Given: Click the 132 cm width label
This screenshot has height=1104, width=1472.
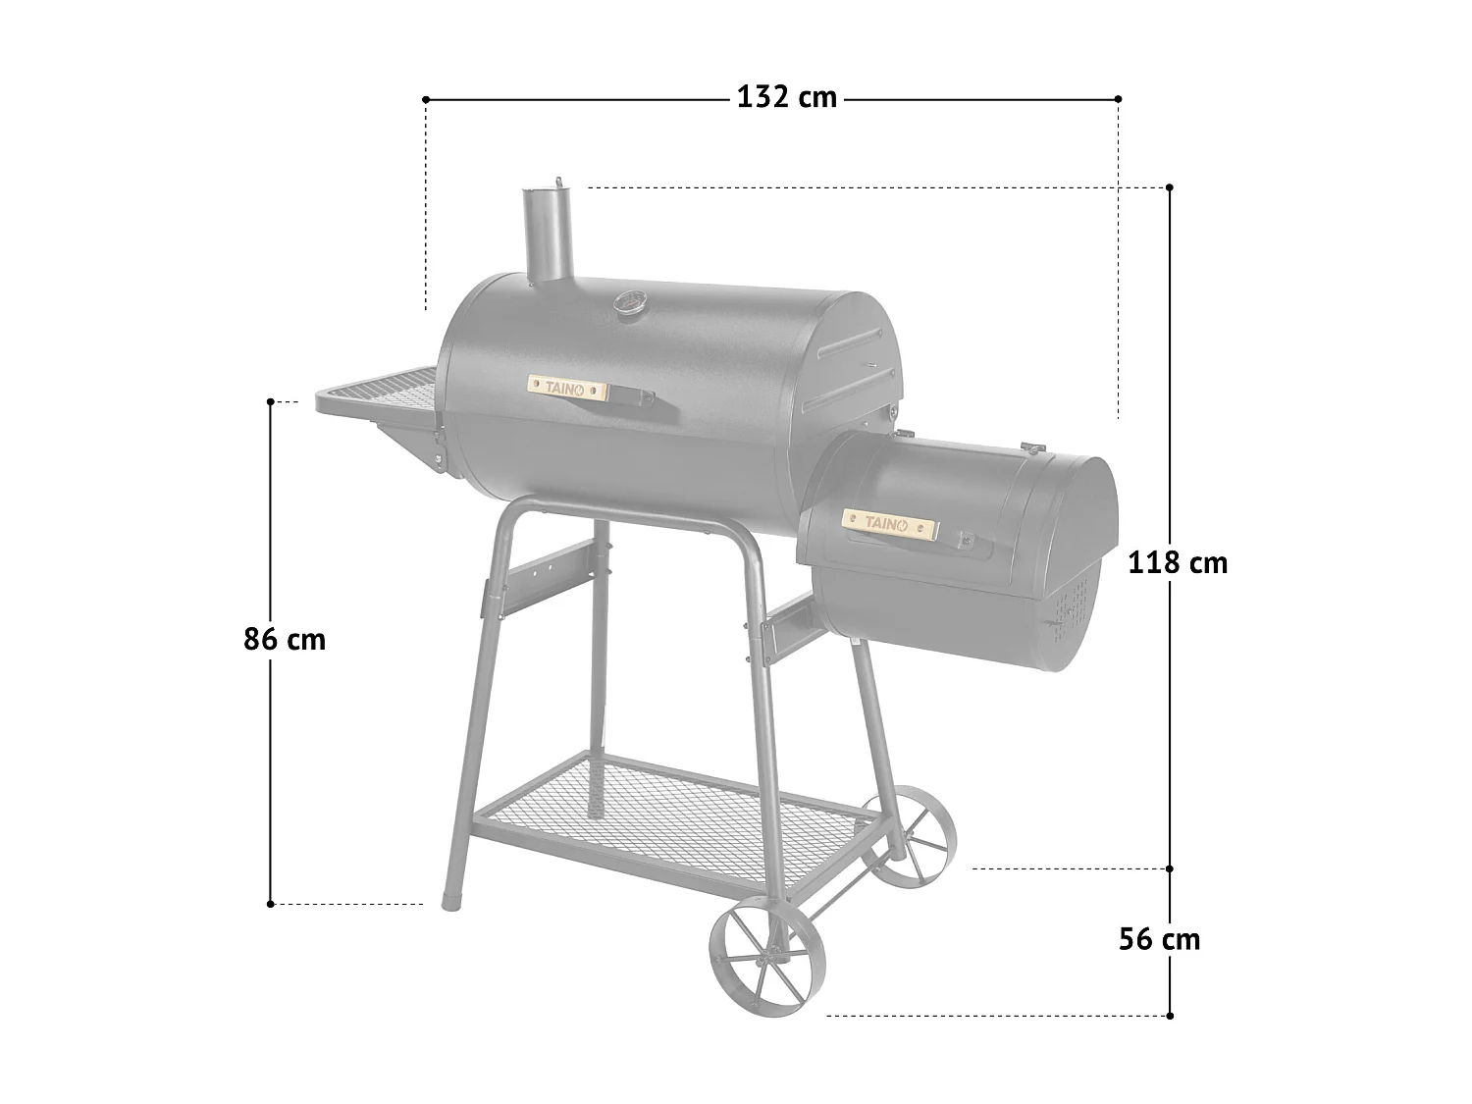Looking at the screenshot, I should point(787,98).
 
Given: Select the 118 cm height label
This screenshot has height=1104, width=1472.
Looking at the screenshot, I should point(1178,563).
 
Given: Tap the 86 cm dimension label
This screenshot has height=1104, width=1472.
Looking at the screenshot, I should point(285,640).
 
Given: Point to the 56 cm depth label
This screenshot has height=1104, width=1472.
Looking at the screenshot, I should point(1159,939).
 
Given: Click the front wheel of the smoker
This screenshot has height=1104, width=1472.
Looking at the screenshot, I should point(767,948).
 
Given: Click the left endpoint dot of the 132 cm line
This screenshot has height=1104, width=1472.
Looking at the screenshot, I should point(426,99).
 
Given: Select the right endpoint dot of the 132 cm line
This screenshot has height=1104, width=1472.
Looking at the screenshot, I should point(1119,99).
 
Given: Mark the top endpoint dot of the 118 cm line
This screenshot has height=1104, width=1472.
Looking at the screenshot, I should point(1170,186).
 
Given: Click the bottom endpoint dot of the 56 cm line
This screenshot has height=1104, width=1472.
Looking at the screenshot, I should point(1170,1015).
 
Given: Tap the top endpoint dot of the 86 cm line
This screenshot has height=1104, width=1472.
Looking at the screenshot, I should point(270,401).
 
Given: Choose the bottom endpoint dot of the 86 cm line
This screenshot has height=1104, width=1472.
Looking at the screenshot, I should point(270,904).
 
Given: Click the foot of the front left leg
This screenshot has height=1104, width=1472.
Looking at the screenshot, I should point(452,897).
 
